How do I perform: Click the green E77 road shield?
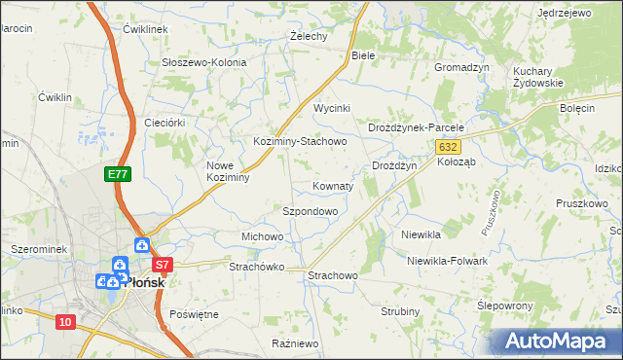pyautogui.click(x=118, y=174)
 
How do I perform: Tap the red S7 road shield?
pyautogui.click(x=163, y=264)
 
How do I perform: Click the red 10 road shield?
pyautogui.click(x=65, y=322)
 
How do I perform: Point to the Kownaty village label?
pyautogui.click(x=333, y=185)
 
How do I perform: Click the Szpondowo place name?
pyautogui.click(x=310, y=211)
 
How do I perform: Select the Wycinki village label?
pyautogui.click(x=331, y=108)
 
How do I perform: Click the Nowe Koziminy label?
pyautogui.click(x=229, y=171)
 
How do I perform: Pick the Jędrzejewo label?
pyautogui.click(x=565, y=14)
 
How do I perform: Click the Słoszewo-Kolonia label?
pyautogui.click(x=203, y=62)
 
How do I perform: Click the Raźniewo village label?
pyautogui.click(x=295, y=343)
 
